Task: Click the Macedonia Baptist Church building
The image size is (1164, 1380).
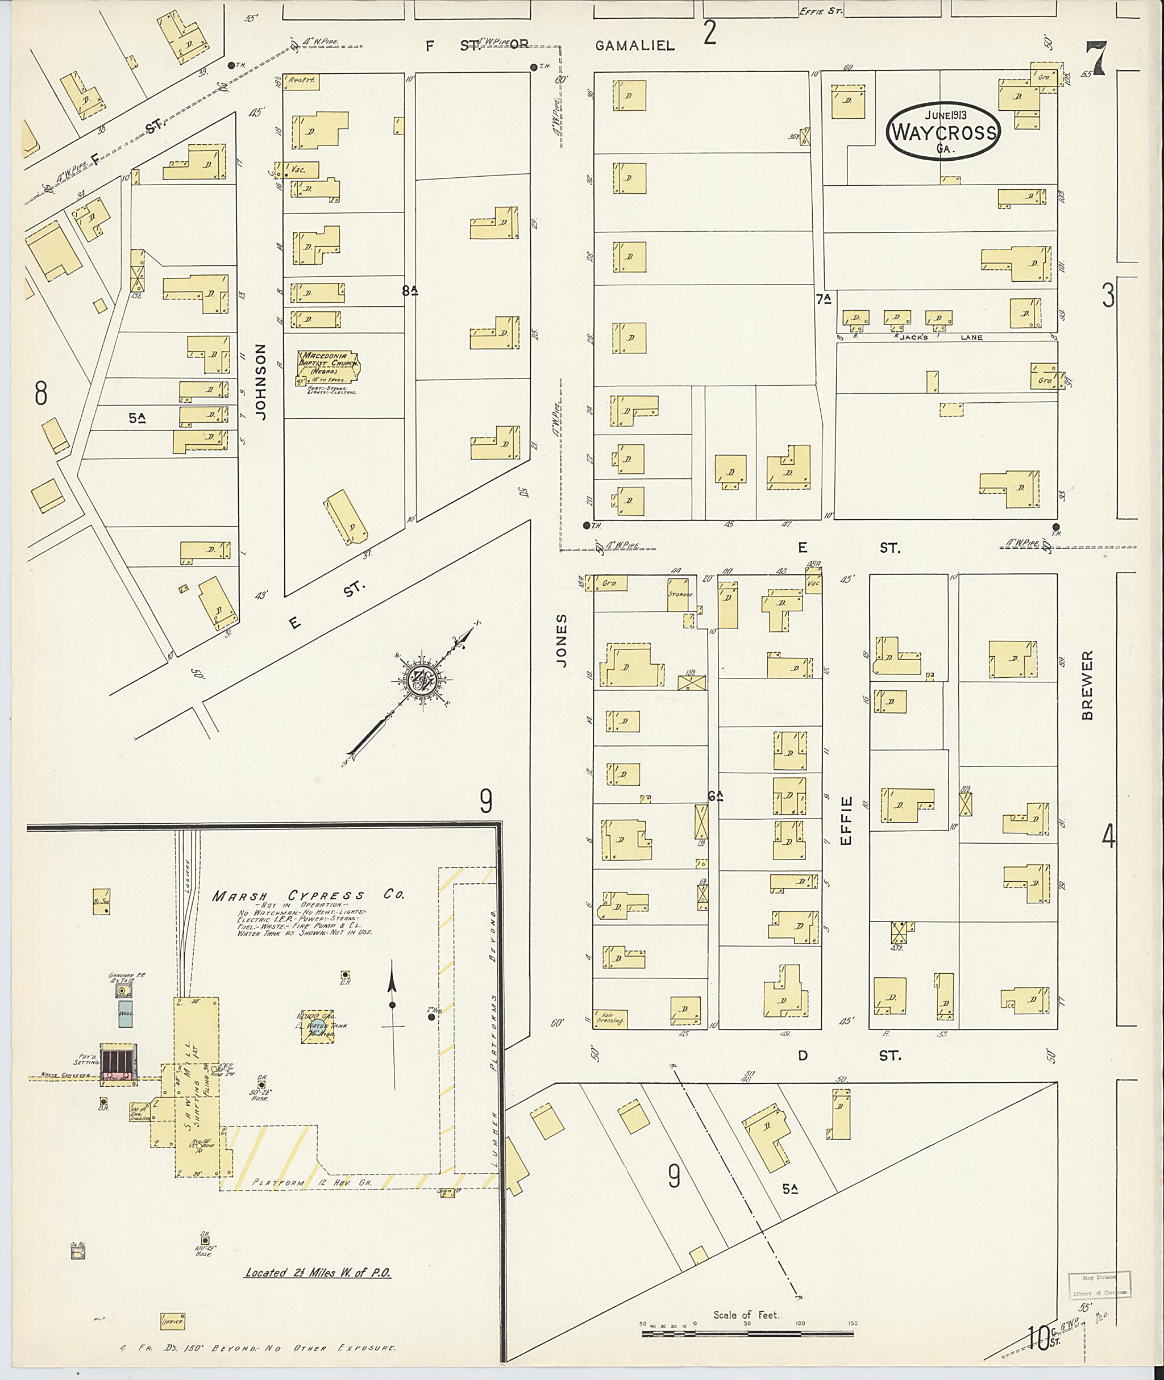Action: pyautogui.click(x=328, y=368)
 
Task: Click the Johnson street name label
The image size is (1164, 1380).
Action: pyautogui.click(x=262, y=381)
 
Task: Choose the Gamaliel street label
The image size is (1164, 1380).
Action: pyautogui.click(x=634, y=45)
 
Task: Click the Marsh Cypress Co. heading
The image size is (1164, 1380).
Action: pyautogui.click(x=308, y=895)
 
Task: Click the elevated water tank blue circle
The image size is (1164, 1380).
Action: pyautogui.click(x=317, y=1028)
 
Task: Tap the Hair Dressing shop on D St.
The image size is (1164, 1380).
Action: pyautogui.click(x=610, y=1019)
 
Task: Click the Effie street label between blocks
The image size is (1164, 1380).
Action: pyautogui.click(x=847, y=820)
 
